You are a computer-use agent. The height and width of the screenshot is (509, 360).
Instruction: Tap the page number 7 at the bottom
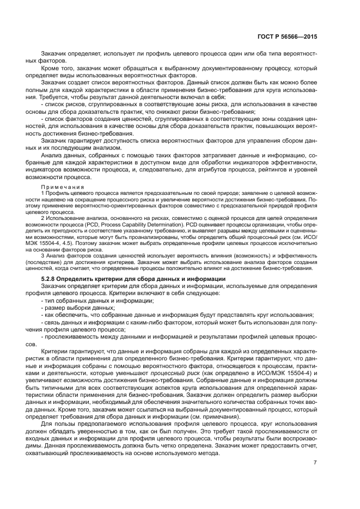pyautogui.click(x=315, y=463)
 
